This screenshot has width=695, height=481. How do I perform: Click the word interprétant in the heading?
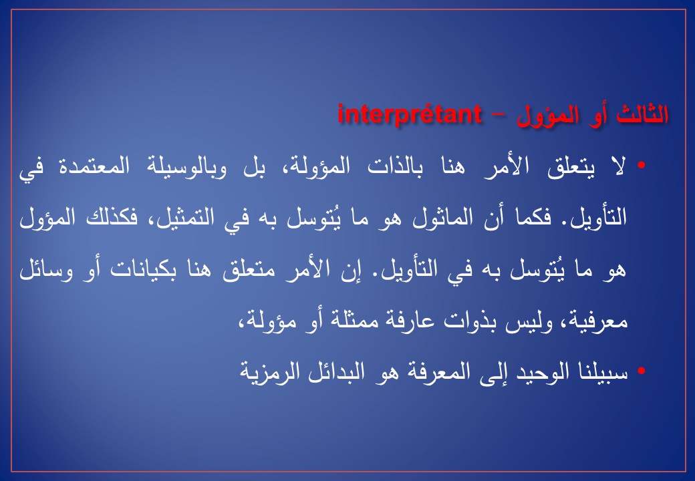(410, 115)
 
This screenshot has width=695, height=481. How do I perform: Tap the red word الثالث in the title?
(642, 115)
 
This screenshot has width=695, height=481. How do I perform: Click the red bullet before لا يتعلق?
(641, 165)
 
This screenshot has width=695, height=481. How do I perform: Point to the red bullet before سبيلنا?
(641, 371)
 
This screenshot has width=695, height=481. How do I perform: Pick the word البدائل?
(336, 371)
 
